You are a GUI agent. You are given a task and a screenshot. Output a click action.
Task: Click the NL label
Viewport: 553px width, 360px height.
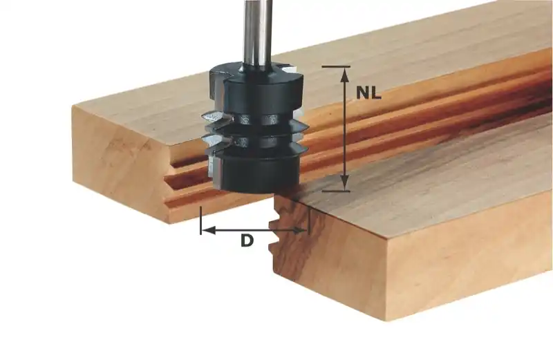coord(368,93)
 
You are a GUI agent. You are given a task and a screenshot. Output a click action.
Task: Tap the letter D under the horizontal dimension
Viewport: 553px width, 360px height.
coord(247,241)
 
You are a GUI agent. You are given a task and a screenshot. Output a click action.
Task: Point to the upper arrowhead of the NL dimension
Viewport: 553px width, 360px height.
coord(344,75)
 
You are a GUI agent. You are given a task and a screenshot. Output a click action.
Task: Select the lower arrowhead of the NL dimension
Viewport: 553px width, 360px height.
coord(344,183)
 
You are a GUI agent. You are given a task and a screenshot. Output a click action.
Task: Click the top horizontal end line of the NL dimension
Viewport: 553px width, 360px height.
coord(336,66)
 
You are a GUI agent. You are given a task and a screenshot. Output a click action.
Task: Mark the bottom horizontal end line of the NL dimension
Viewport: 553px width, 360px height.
coord(336,191)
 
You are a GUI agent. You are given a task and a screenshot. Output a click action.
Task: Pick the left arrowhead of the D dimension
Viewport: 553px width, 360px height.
coord(209,231)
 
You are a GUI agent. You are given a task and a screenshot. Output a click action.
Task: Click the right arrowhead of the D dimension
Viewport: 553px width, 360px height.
coord(301,231)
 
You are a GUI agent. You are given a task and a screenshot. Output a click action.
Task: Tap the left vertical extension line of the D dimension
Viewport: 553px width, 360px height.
coord(200,220)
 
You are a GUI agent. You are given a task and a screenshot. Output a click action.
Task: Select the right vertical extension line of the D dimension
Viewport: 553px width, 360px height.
coord(308,220)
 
